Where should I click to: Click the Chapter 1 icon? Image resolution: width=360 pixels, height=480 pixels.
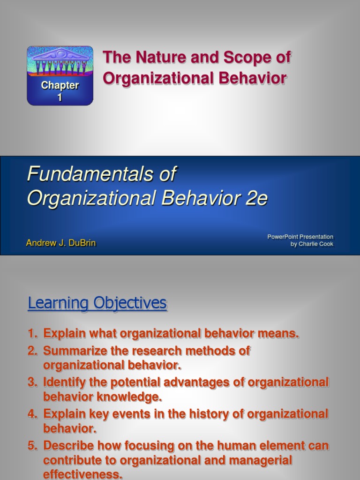click(x=60, y=75)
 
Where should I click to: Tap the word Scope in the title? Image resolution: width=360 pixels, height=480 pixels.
click(x=247, y=58)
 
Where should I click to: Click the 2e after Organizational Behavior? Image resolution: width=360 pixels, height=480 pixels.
click(x=256, y=198)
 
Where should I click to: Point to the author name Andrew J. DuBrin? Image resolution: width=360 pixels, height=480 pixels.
click(x=61, y=243)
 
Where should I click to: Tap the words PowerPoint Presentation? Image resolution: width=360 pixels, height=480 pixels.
click(x=300, y=237)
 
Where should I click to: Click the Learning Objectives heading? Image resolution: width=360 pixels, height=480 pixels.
click(x=97, y=303)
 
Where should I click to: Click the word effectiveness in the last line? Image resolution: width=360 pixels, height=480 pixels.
click(x=82, y=474)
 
